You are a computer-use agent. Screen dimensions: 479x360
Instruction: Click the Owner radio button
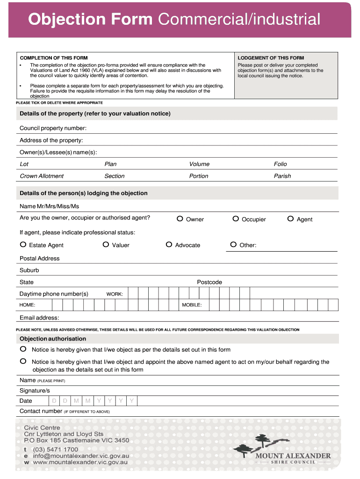pos(180,218)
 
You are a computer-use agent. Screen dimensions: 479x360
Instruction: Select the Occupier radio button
pos(236,218)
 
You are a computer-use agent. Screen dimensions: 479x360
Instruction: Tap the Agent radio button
pos(290,218)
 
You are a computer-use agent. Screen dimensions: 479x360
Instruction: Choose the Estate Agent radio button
pos(23,245)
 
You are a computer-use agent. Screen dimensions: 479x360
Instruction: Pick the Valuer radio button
pos(106,245)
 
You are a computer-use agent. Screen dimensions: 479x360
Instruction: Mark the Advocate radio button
pos(169,245)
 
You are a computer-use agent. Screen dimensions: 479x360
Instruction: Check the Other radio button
pos(233,245)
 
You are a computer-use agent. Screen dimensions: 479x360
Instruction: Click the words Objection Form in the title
pos(90,20)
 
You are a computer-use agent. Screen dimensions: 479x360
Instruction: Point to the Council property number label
pos(53,128)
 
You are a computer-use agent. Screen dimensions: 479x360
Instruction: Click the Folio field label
pos(281,164)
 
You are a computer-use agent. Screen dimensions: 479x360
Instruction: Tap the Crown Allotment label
pos(42,176)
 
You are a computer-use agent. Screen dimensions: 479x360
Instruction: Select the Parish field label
pos(282,176)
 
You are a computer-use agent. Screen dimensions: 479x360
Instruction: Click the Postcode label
pos(209,283)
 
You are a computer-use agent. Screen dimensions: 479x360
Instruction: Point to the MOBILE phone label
pos(192,305)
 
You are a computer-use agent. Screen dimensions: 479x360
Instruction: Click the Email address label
pos(39,318)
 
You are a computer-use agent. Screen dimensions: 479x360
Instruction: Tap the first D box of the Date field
pos(54,401)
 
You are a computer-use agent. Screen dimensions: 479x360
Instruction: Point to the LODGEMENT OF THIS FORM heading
pos(271,58)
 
